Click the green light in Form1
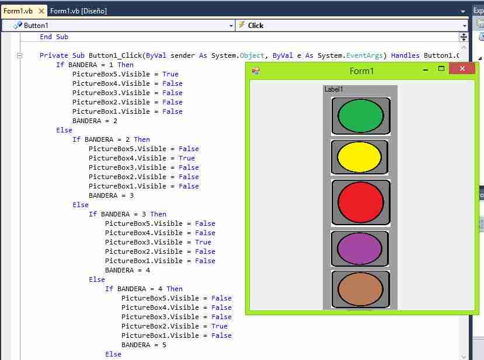tap(361, 116)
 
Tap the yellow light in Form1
tap(359, 157)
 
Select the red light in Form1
tap(361, 202)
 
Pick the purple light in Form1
tap(359, 249)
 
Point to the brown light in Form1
tap(360, 289)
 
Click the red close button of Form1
tap(462, 68)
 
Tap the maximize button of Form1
tap(441, 68)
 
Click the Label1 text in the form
tap(334, 89)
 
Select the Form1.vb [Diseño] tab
tap(78, 11)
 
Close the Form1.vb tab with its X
tap(41, 11)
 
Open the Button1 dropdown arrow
tap(231, 26)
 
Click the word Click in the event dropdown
tap(256, 26)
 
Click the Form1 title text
tap(361, 71)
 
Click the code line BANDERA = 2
tap(95, 121)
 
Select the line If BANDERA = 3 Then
tap(127, 214)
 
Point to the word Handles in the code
tap(405, 55)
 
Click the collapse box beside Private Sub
tap(19, 56)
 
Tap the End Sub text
tap(54, 37)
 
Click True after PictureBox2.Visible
tap(220, 326)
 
